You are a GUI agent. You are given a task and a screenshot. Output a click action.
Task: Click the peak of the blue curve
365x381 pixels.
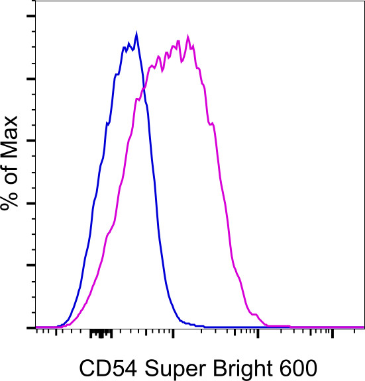[x=136, y=32]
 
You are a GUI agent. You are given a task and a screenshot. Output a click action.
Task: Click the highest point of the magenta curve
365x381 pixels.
[x=188, y=36]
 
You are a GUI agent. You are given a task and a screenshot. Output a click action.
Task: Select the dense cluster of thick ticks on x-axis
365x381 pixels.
[x=100, y=332]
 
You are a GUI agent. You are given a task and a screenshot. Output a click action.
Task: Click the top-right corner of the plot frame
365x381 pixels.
[x=364, y=1]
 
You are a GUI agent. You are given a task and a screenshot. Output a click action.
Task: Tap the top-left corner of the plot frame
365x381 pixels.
[x=34, y=1]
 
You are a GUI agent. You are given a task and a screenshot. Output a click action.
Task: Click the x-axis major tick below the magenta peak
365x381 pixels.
[x=174, y=331]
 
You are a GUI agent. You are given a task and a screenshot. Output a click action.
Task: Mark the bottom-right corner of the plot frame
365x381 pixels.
[x=364, y=327]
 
